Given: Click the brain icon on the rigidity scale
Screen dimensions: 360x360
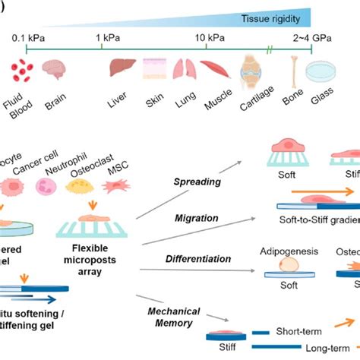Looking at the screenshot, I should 55,71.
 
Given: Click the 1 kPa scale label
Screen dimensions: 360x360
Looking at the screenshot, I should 101,38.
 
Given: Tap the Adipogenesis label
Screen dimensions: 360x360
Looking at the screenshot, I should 284,251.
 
